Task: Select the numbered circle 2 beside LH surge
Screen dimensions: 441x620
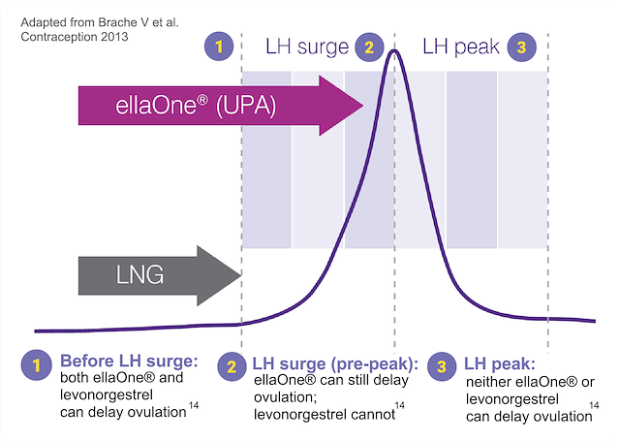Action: (368, 46)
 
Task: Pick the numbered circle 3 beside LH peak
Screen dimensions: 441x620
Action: (522, 46)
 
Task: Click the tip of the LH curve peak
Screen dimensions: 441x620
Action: (394, 50)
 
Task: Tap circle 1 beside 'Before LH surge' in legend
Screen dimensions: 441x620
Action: (38, 366)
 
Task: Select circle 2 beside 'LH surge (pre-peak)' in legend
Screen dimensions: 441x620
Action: (232, 366)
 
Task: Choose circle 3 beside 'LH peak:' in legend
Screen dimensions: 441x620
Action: (442, 366)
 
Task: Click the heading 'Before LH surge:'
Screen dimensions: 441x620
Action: (129, 361)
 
